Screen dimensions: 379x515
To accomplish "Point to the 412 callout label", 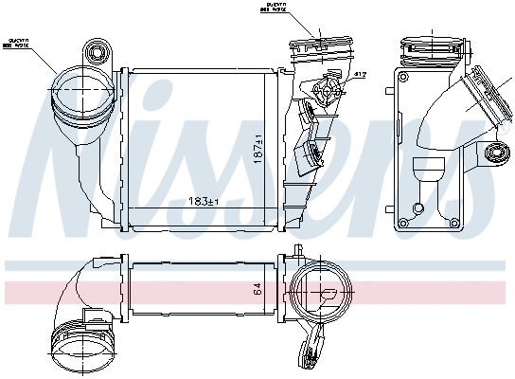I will tap(361, 73).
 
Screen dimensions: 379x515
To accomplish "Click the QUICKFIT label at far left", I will tap(20, 43).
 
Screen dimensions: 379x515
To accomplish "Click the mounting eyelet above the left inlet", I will tap(96, 48).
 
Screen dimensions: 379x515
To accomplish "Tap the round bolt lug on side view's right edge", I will tap(494, 153).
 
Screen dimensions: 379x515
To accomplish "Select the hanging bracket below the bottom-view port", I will tap(315, 346).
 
